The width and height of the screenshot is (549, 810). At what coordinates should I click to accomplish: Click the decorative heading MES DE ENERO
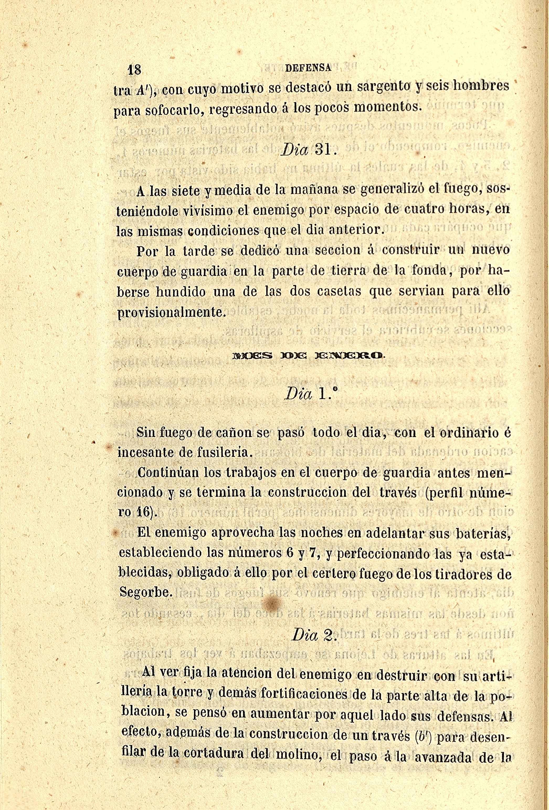pos(309,356)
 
